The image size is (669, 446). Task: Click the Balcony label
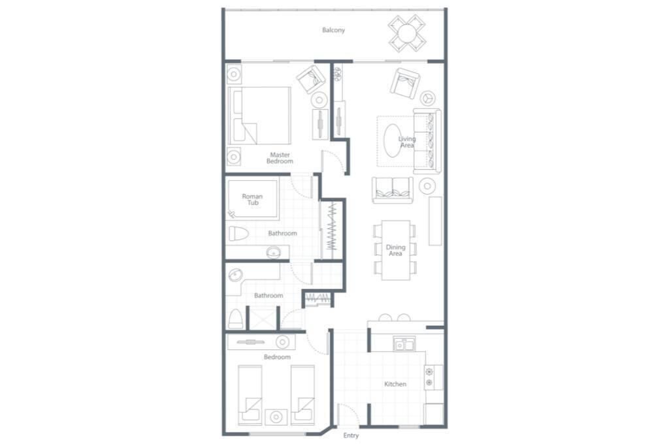[x=333, y=30]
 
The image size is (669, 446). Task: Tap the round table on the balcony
[x=407, y=33]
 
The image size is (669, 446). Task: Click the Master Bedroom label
[x=280, y=158]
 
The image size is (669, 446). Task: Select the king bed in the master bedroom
[x=259, y=116]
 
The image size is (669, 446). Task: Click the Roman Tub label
[x=253, y=200]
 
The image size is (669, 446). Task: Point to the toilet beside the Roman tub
[x=238, y=234]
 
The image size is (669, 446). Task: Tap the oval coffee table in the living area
[x=393, y=140]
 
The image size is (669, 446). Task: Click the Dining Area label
[x=395, y=250]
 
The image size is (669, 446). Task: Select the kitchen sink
[x=404, y=344]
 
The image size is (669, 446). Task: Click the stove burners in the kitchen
[x=429, y=377]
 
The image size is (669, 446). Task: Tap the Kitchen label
[x=395, y=384]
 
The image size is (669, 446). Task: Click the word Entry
[x=351, y=436]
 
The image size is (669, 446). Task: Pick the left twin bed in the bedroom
[x=250, y=395]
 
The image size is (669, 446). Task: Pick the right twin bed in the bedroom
[x=303, y=395]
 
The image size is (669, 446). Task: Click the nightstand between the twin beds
[x=276, y=417]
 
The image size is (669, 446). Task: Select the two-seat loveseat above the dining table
[x=393, y=190]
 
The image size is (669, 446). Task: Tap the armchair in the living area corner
[x=404, y=83]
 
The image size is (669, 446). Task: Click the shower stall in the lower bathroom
[x=261, y=317]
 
